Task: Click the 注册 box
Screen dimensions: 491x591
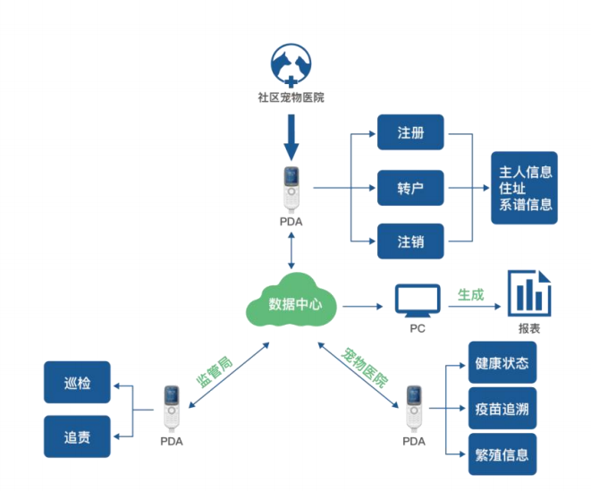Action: (x=410, y=134)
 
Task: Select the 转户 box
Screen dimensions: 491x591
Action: (x=410, y=189)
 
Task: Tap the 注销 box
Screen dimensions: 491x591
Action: (x=410, y=241)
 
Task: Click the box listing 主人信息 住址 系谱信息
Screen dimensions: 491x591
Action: (x=525, y=188)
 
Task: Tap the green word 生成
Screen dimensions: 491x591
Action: (x=470, y=293)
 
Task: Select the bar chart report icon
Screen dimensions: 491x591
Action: (x=528, y=293)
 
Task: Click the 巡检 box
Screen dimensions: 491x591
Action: (x=77, y=384)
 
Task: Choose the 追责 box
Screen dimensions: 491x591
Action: (x=77, y=437)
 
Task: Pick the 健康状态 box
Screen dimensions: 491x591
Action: (x=502, y=363)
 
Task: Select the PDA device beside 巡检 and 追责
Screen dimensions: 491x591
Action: (x=171, y=407)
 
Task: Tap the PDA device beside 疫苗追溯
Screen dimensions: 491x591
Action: (x=413, y=407)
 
